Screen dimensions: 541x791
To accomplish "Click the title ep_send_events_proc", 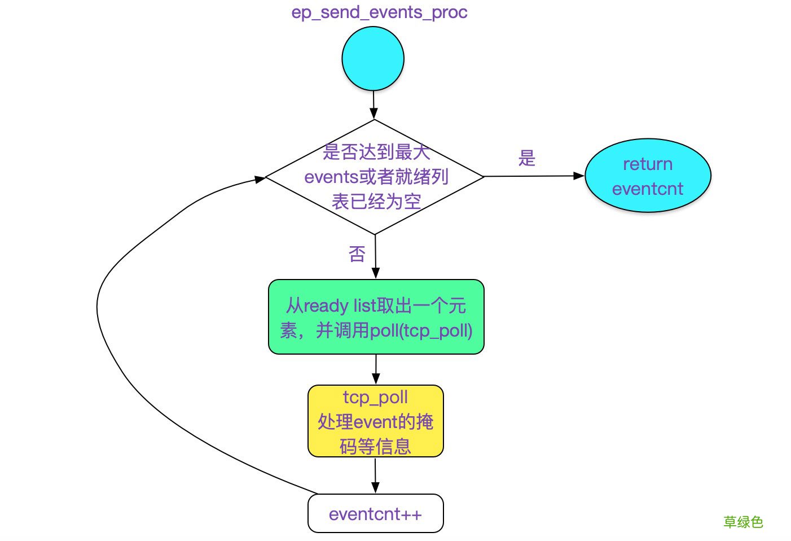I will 379,12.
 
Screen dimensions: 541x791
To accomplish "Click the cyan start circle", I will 373,59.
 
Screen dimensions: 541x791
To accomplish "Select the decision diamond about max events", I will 375,177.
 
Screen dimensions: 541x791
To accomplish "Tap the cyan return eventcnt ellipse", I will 648,176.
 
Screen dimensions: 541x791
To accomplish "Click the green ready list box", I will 376,317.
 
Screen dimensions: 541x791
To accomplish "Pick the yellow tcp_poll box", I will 376,421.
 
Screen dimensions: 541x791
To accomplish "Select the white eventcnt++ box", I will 376,513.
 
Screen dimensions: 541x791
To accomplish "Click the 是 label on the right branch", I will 527,158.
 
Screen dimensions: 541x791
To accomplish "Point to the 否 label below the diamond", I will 357,254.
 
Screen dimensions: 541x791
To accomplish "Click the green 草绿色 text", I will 743,522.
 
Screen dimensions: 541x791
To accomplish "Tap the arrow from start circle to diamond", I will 373,105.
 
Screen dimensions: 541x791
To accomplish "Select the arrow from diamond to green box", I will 375,256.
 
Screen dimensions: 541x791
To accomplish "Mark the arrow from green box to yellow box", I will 376,369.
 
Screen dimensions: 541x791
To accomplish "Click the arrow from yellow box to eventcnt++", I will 375,475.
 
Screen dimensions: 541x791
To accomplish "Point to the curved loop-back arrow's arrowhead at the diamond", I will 260,180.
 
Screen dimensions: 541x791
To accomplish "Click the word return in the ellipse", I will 648,164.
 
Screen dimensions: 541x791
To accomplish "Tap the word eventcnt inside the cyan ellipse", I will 648,189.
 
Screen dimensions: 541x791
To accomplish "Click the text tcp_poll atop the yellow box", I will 375,397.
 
